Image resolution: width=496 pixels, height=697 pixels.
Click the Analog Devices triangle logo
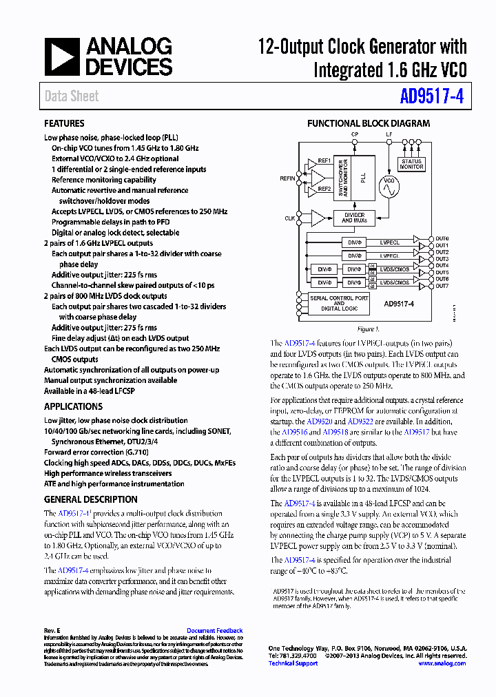[62, 56]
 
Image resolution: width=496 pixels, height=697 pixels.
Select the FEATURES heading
[64, 124]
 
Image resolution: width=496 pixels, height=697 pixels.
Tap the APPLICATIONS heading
[73, 406]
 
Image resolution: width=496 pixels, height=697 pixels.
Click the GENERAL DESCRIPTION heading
[90, 499]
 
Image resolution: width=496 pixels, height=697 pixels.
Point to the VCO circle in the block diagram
[390, 186]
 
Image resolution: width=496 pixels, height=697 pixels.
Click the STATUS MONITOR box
[411, 164]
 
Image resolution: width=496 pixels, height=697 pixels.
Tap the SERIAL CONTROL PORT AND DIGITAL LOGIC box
[339, 303]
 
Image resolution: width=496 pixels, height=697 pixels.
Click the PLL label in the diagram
[363, 177]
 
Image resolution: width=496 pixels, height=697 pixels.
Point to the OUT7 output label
[442, 286]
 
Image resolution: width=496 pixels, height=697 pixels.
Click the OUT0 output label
[442, 238]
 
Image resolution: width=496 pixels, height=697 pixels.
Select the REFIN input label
[287, 178]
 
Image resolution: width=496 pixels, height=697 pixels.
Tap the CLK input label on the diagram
[289, 218]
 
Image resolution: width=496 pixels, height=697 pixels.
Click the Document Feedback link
[214, 630]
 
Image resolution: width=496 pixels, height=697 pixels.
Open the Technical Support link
[293, 663]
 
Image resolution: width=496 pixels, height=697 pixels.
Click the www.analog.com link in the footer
[442, 663]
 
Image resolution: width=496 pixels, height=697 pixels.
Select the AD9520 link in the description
[319, 421]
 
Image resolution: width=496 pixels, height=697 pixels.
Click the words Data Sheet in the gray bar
[72, 96]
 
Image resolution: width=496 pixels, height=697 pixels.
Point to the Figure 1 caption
[368, 329]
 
